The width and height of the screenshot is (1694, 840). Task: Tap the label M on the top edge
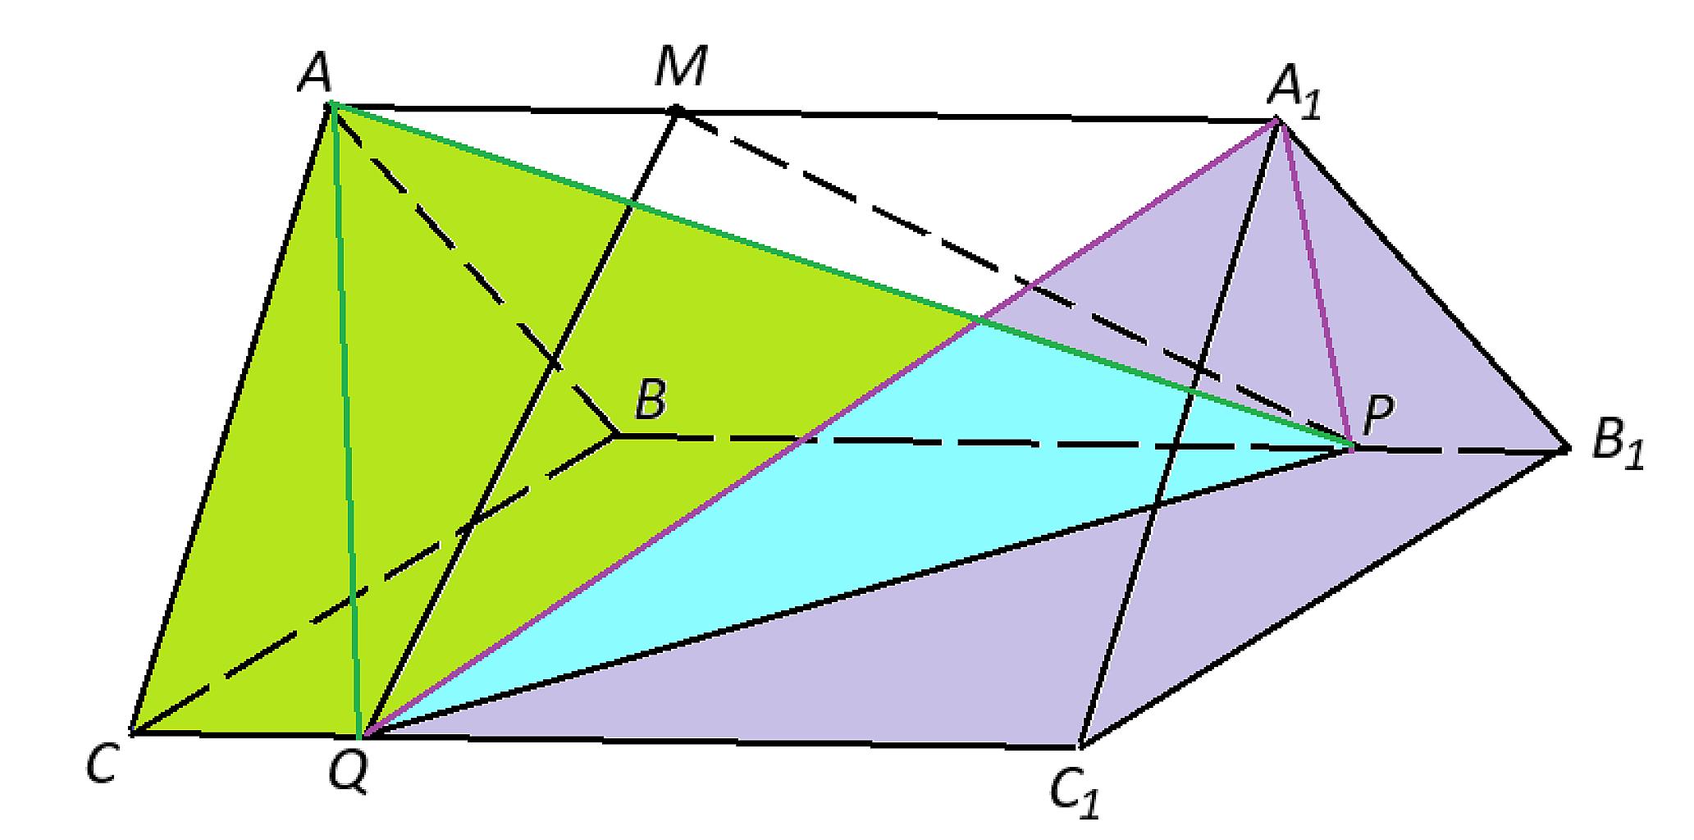point(680,67)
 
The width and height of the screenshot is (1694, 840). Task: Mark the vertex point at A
point(330,104)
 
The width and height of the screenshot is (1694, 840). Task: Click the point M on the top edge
point(676,109)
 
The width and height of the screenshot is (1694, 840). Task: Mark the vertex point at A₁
point(1276,121)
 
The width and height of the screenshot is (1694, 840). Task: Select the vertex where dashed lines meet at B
point(615,436)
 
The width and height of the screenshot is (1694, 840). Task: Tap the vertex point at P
point(1352,447)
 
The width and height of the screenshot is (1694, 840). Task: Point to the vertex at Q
point(362,733)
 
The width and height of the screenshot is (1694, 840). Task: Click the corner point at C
point(131,730)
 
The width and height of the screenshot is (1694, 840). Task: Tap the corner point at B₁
point(1567,449)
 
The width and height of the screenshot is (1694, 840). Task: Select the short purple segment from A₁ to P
point(1314,284)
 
